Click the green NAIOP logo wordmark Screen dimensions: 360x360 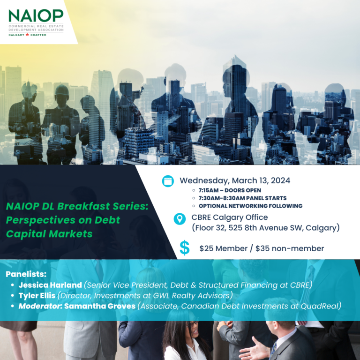36,15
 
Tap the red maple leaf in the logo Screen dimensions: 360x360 27,35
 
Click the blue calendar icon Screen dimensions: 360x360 168,181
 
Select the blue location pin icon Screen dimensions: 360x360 180,218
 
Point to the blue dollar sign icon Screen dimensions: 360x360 185,248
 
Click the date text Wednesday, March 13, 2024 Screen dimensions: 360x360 235,180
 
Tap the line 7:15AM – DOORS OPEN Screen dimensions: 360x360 230,190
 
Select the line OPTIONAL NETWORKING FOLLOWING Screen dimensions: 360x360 250,206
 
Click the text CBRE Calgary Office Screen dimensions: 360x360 230,217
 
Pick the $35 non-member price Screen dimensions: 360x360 290,248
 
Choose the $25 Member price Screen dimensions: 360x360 224,248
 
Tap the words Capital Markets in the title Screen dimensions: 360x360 49,234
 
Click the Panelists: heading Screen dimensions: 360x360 26,274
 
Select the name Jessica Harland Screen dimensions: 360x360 50,285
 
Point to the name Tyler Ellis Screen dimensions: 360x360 37,295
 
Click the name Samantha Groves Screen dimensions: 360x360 100,306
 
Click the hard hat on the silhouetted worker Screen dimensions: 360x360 61,90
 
